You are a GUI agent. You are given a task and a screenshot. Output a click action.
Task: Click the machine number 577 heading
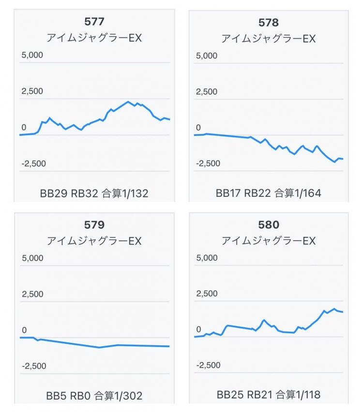pyautogui.click(x=94, y=21)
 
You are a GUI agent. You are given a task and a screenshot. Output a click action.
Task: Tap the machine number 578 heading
pyautogui.click(x=269, y=22)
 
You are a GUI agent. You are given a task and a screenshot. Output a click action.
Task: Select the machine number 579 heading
pyautogui.click(x=94, y=225)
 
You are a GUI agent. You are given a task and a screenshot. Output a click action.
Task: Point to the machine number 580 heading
pyautogui.click(x=269, y=225)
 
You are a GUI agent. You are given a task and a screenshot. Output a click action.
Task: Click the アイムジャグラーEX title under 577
pyautogui.click(x=94, y=38)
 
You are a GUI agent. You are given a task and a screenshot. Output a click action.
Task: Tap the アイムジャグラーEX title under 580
pyautogui.click(x=269, y=240)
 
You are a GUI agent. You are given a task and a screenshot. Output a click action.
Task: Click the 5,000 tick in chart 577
pyautogui.click(x=31, y=55)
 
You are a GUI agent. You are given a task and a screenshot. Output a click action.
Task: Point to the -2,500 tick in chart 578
pyautogui.click(x=208, y=163)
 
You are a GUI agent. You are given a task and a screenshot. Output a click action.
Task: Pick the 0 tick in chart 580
pyautogui.click(x=198, y=330)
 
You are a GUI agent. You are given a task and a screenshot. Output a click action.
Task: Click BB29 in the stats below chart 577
pyautogui.click(x=54, y=194)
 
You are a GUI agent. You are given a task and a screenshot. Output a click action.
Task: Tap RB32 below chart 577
pyautogui.click(x=84, y=194)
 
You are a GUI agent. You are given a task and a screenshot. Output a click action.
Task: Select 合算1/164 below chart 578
pyautogui.click(x=298, y=194)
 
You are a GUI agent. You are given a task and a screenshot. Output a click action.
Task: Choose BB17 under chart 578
pyautogui.click(x=228, y=194)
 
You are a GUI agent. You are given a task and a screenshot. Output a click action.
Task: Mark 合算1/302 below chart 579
pyautogui.click(x=118, y=396)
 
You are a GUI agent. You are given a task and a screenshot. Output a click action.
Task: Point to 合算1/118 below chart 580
pyautogui.click(x=298, y=395)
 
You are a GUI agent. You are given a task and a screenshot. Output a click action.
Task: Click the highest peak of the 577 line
pyautogui.click(x=128, y=102)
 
